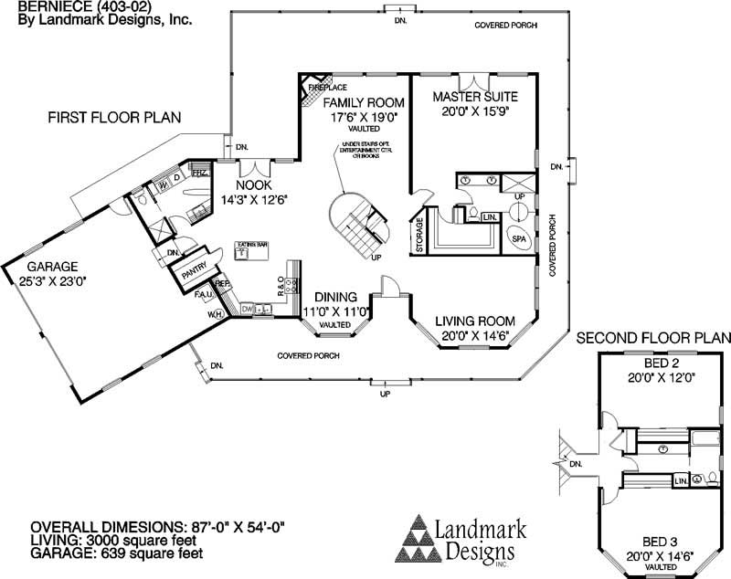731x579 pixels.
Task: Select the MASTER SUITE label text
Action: [475, 96]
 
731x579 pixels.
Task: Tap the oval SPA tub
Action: [518, 237]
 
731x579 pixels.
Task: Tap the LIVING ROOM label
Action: [474, 321]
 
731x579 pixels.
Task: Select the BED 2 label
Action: [657, 363]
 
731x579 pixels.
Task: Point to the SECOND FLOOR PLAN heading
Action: [654, 338]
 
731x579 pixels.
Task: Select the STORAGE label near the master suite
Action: [420, 234]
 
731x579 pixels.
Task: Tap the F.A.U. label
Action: [203, 295]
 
